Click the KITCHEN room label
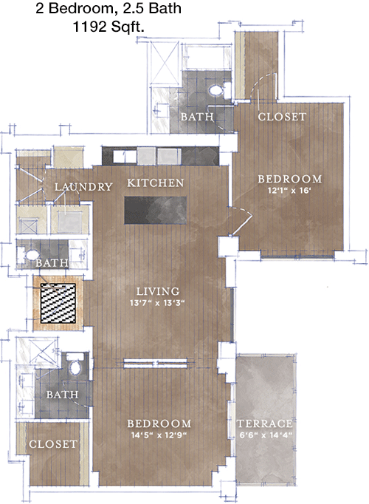[156, 183]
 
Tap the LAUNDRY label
[83, 187]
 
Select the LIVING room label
[158, 291]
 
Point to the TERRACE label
[265, 423]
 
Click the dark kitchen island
[155, 210]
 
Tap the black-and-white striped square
[58, 303]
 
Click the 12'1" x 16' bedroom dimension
[289, 191]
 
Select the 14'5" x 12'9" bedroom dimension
[159, 435]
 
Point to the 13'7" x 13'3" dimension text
[157, 303]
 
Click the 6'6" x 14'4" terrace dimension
[266, 435]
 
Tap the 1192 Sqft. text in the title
[108, 27]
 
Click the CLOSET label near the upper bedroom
[282, 117]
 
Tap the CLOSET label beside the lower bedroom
[53, 444]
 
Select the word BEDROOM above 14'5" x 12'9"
[159, 423]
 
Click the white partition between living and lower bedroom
[155, 363]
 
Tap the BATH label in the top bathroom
[197, 117]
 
